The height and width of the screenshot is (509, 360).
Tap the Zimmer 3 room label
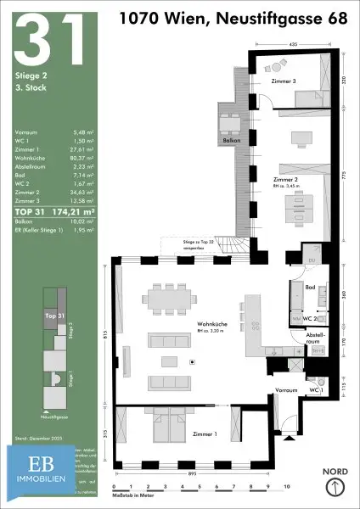pyautogui.click(x=284, y=81)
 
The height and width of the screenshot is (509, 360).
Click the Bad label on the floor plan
pyautogui.click(x=311, y=288)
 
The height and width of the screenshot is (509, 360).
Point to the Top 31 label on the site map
pyautogui.click(x=53, y=314)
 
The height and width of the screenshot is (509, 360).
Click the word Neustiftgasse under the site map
pyautogui.click(x=55, y=418)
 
